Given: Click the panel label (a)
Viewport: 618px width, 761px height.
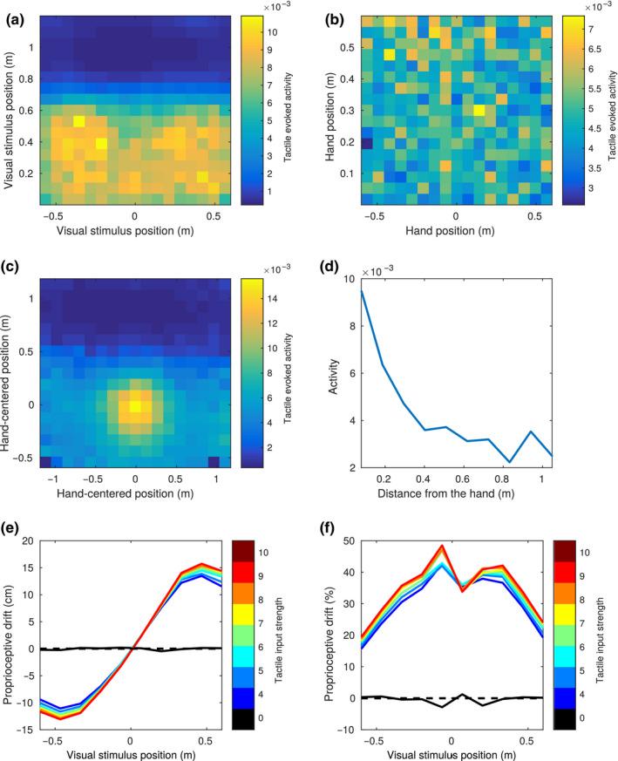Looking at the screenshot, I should [15, 10].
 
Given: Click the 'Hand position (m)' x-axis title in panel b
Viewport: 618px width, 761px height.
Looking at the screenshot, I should [455, 228].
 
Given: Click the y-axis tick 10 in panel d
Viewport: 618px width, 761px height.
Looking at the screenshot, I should [366, 278].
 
